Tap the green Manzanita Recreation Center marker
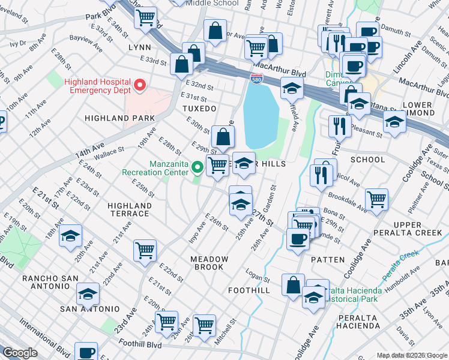tap(196, 167)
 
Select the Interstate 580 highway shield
tap(255, 77)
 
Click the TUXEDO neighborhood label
tap(199, 109)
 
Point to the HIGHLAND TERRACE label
tap(128, 209)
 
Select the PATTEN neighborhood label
tap(328, 260)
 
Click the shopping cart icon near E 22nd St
tap(145, 251)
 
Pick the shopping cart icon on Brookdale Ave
tap(376, 199)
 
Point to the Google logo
tap(20, 353)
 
